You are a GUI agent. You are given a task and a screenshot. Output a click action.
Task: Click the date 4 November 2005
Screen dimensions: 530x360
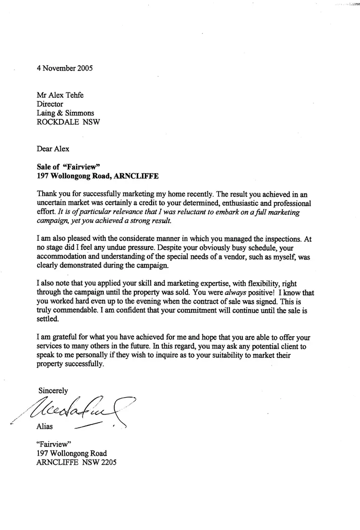point(65,68)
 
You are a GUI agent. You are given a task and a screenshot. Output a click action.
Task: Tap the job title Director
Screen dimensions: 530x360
point(50,104)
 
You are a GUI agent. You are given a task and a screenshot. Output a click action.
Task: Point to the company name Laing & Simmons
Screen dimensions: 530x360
point(65,113)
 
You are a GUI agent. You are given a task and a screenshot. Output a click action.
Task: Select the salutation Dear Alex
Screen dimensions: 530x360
point(53,149)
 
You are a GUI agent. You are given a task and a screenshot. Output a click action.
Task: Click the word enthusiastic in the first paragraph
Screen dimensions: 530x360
point(218,203)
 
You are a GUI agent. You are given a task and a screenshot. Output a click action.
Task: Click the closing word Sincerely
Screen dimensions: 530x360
point(53,391)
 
